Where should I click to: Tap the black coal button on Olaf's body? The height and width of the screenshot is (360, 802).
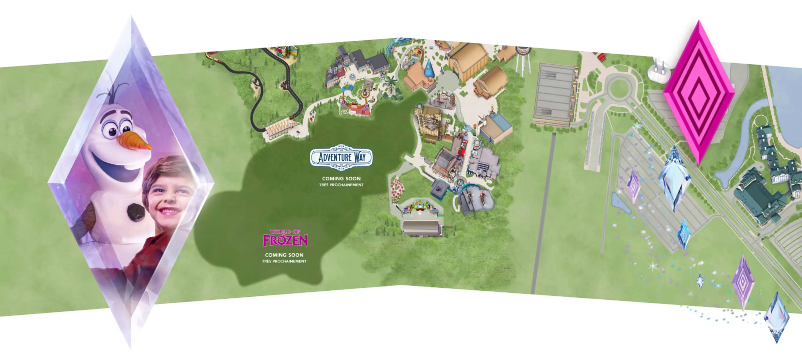click(136, 212)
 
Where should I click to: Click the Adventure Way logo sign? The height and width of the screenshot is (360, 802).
click(341, 157)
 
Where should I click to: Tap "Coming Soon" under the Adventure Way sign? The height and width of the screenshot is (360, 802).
click(341, 179)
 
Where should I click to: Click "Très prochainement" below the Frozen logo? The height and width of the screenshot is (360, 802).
click(284, 261)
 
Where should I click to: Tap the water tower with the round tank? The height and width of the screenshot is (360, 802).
click(523, 58)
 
